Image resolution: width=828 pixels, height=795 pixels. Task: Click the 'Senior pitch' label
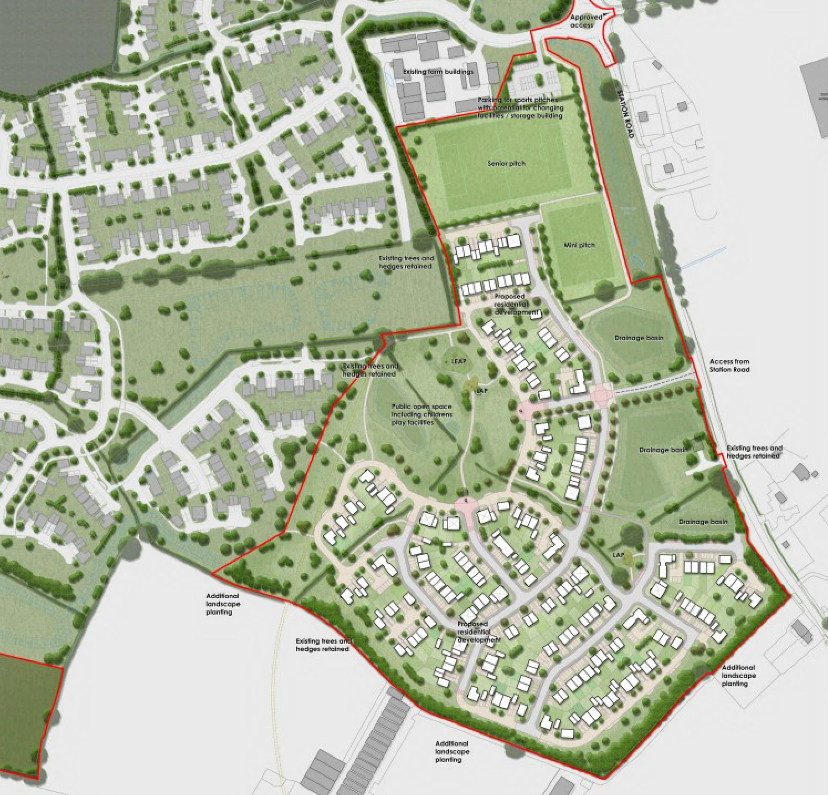tap(507, 163)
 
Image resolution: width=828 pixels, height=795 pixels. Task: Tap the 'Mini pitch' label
tap(579, 245)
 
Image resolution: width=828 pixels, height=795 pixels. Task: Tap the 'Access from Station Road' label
tap(729, 365)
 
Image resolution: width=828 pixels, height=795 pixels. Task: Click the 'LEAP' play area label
tap(455, 362)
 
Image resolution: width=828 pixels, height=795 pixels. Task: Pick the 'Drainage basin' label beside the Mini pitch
tap(639, 338)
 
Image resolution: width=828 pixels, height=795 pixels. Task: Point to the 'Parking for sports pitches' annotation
tap(520, 107)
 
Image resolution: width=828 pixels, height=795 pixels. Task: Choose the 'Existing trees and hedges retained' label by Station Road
tap(754, 452)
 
